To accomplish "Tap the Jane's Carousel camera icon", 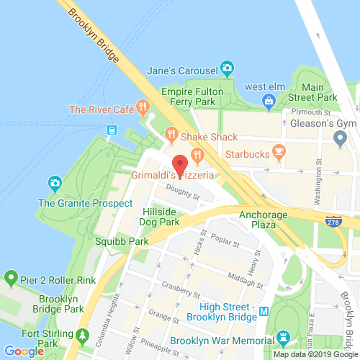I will tap(228, 69).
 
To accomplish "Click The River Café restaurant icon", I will tap(143, 109).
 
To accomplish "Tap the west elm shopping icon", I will tap(269, 102).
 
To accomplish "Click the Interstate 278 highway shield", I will tap(333, 223).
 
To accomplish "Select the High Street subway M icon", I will tap(264, 312).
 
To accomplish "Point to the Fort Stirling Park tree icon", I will tap(83, 336).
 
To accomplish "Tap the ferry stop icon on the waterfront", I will tap(112, 130).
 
